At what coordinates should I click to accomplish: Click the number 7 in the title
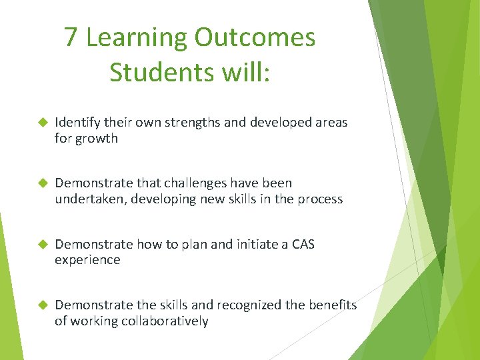coord(71,38)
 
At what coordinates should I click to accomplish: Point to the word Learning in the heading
coord(135,38)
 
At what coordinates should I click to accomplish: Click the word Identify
coord(77,123)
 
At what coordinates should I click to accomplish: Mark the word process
coord(320,199)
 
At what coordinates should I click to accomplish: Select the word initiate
coord(252,244)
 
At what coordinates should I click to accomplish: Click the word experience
coord(87,260)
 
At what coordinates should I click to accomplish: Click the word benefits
coord(333,305)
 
